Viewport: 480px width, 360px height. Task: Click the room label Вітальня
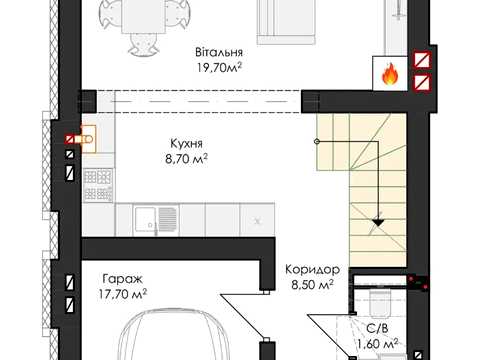219,53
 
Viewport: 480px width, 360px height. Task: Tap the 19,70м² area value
219,68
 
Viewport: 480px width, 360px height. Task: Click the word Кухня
186,144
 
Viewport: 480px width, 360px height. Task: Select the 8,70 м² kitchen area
186,159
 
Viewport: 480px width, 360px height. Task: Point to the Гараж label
123,279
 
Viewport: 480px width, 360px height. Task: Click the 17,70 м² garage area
123,294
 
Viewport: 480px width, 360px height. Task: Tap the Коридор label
312,269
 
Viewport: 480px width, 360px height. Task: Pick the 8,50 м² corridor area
312,285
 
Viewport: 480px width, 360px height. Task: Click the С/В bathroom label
377,329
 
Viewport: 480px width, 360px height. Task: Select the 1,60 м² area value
377,343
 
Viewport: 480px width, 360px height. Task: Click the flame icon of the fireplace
389,74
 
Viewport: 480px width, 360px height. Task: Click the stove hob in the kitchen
98,185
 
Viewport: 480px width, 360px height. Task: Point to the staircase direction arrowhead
378,221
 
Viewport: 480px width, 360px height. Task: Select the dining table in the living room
144,16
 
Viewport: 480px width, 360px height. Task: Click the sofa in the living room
286,22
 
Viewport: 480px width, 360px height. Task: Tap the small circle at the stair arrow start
317,142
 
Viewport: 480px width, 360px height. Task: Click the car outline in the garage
175,334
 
